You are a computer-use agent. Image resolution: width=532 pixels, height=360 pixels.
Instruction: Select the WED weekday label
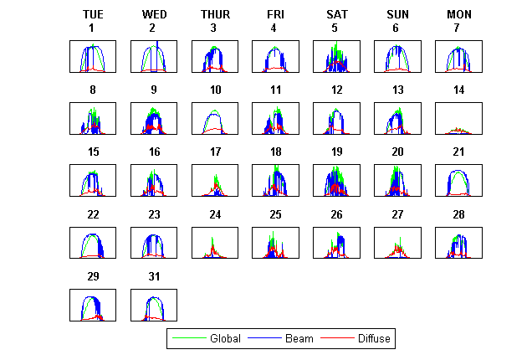154,14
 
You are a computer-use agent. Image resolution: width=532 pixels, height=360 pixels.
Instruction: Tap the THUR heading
215,14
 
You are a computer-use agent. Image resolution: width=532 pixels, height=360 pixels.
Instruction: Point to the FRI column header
275,14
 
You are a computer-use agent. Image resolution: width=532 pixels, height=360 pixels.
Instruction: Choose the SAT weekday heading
336,14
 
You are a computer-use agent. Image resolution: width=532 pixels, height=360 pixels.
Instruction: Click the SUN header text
397,14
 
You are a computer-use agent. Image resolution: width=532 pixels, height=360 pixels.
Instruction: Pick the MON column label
458,14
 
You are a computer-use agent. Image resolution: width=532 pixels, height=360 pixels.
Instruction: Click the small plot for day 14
458,118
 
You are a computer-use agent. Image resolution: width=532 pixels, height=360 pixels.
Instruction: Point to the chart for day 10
215,118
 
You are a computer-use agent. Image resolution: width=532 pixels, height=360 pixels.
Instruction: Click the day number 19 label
336,152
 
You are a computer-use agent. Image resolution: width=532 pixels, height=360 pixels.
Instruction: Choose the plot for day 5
336,56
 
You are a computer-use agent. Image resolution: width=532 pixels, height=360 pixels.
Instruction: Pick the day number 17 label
215,152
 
